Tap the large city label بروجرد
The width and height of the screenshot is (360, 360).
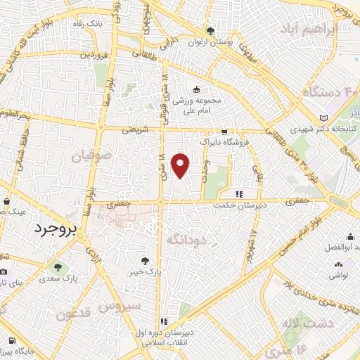[x=57, y=229]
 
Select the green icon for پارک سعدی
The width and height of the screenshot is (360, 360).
[x=57, y=267]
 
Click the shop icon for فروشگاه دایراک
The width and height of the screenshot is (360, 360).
[x=224, y=131]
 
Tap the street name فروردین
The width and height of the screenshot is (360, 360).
[x=94, y=53]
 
